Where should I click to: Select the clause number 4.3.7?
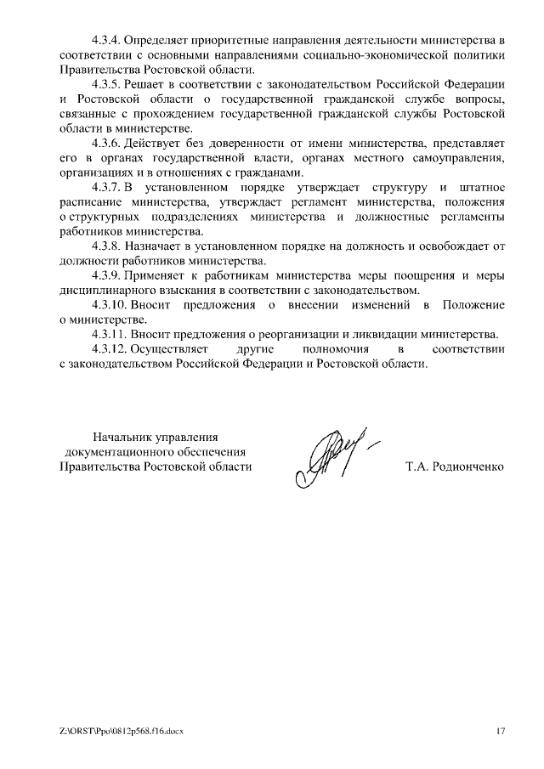[106, 188]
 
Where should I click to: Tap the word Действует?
[158, 144]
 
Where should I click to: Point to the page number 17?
[501, 731]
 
